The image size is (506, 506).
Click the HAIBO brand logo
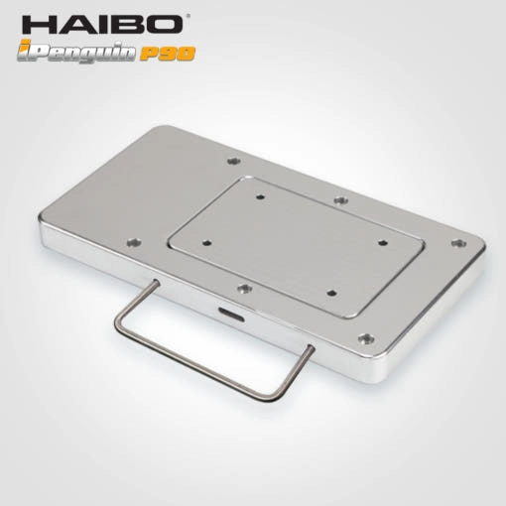pos(103,24)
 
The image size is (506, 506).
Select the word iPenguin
pos(76,52)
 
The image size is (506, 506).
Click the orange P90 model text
pos(168,54)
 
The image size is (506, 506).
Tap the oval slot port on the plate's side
pos(231,315)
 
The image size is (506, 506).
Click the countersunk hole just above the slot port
pos(245,289)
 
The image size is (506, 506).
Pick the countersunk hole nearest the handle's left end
pos(134,243)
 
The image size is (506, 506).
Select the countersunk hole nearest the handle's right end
pos(366,338)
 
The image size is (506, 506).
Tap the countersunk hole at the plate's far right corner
pos(458,244)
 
